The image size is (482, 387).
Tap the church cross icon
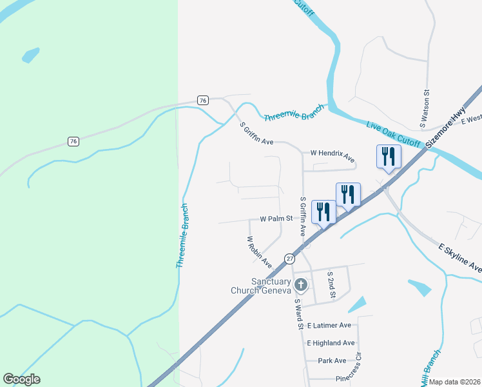(300, 284)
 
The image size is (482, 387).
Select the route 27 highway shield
(289, 258)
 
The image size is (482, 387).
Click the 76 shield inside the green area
(74, 141)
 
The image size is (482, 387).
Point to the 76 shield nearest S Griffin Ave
(203, 100)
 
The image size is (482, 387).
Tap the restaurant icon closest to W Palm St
(323, 212)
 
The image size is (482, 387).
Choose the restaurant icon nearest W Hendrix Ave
(389, 156)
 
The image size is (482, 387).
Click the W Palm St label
(276, 219)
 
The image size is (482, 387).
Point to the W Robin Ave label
(260, 251)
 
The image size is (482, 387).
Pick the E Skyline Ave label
(459, 257)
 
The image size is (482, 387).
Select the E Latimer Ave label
(329, 326)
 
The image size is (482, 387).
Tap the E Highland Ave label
(331, 343)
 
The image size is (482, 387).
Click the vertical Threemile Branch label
(183, 236)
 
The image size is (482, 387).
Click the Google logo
(22, 379)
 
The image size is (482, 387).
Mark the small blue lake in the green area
(30, 55)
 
